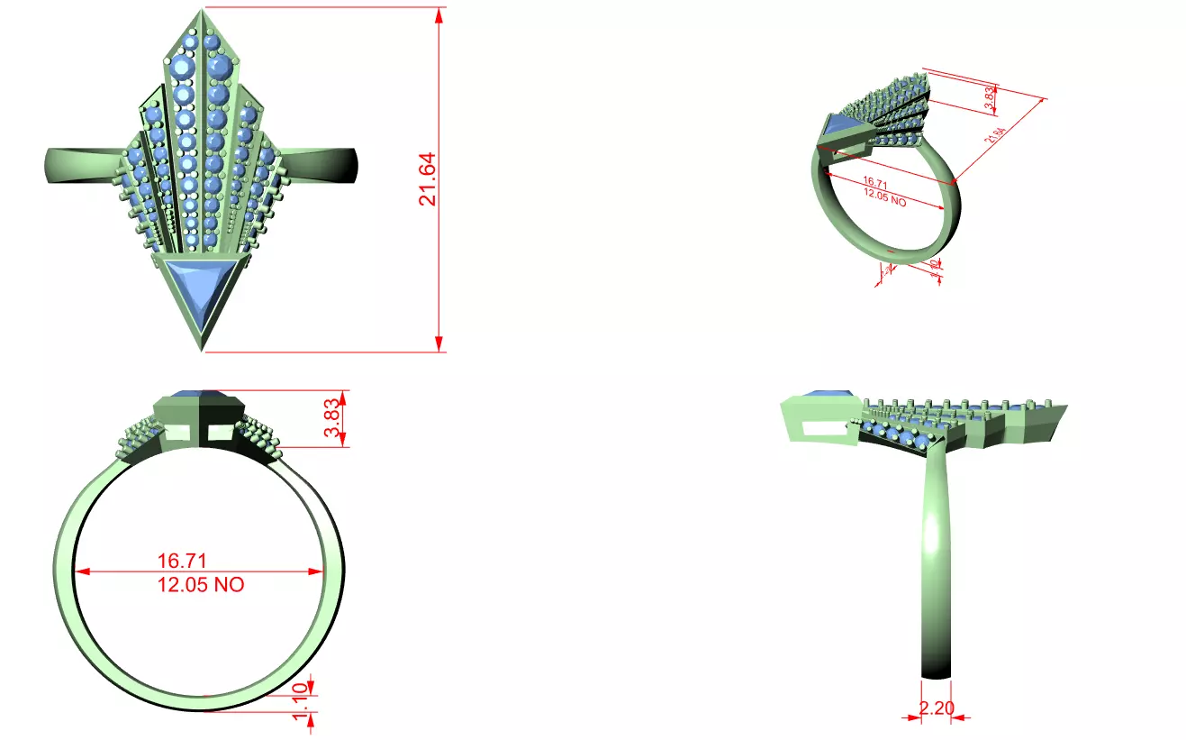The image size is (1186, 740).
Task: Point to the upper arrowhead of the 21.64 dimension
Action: point(439,15)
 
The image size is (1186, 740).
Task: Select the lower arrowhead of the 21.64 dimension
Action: point(439,344)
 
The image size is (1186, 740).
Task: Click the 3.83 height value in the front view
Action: point(332,419)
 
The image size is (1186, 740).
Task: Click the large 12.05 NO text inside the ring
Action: point(201,585)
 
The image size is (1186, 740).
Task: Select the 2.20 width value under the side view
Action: point(937,708)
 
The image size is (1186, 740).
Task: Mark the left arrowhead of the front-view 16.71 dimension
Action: point(81,571)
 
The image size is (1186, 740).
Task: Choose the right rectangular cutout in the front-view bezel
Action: point(220,434)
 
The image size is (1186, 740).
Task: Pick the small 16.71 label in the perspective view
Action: point(875,186)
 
